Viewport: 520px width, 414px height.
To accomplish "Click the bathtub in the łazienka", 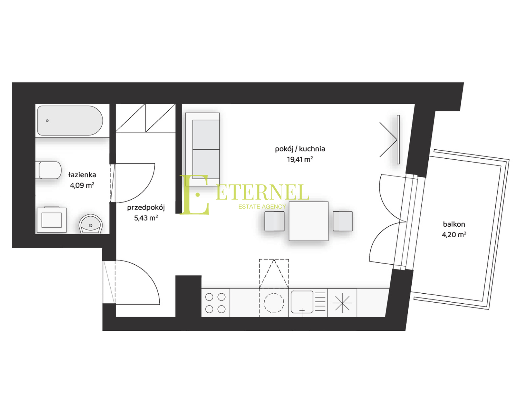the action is coord(70,120).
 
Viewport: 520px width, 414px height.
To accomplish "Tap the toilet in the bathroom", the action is coord(49,170).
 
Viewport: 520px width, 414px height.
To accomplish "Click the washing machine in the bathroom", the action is coord(52,220).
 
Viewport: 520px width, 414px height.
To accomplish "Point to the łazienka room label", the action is coord(82,175).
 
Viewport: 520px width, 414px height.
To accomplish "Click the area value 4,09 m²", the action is coord(82,185).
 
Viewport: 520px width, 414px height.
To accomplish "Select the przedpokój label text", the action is coord(146,208).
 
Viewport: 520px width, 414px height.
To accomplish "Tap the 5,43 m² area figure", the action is coord(146,218).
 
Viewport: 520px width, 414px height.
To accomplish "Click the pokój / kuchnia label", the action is coord(300,149).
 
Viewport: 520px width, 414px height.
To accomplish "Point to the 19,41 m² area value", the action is coord(300,159).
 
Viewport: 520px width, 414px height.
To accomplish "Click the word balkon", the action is coord(454,224).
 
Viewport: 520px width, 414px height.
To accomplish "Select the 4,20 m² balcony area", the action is coord(454,235).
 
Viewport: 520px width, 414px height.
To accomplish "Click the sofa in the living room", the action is coord(203,149).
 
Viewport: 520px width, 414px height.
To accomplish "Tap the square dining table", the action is coord(309,221).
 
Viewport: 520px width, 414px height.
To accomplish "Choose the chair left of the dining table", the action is coord(274,221).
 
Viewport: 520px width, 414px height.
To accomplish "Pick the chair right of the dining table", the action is coord(343,221).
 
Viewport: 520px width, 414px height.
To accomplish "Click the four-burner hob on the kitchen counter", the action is coord(215,303).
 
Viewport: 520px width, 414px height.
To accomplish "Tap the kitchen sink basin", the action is coord(302,302).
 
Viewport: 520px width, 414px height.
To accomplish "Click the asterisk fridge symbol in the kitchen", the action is coord(342,303).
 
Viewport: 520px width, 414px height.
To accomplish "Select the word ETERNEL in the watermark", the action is coord(262,192).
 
